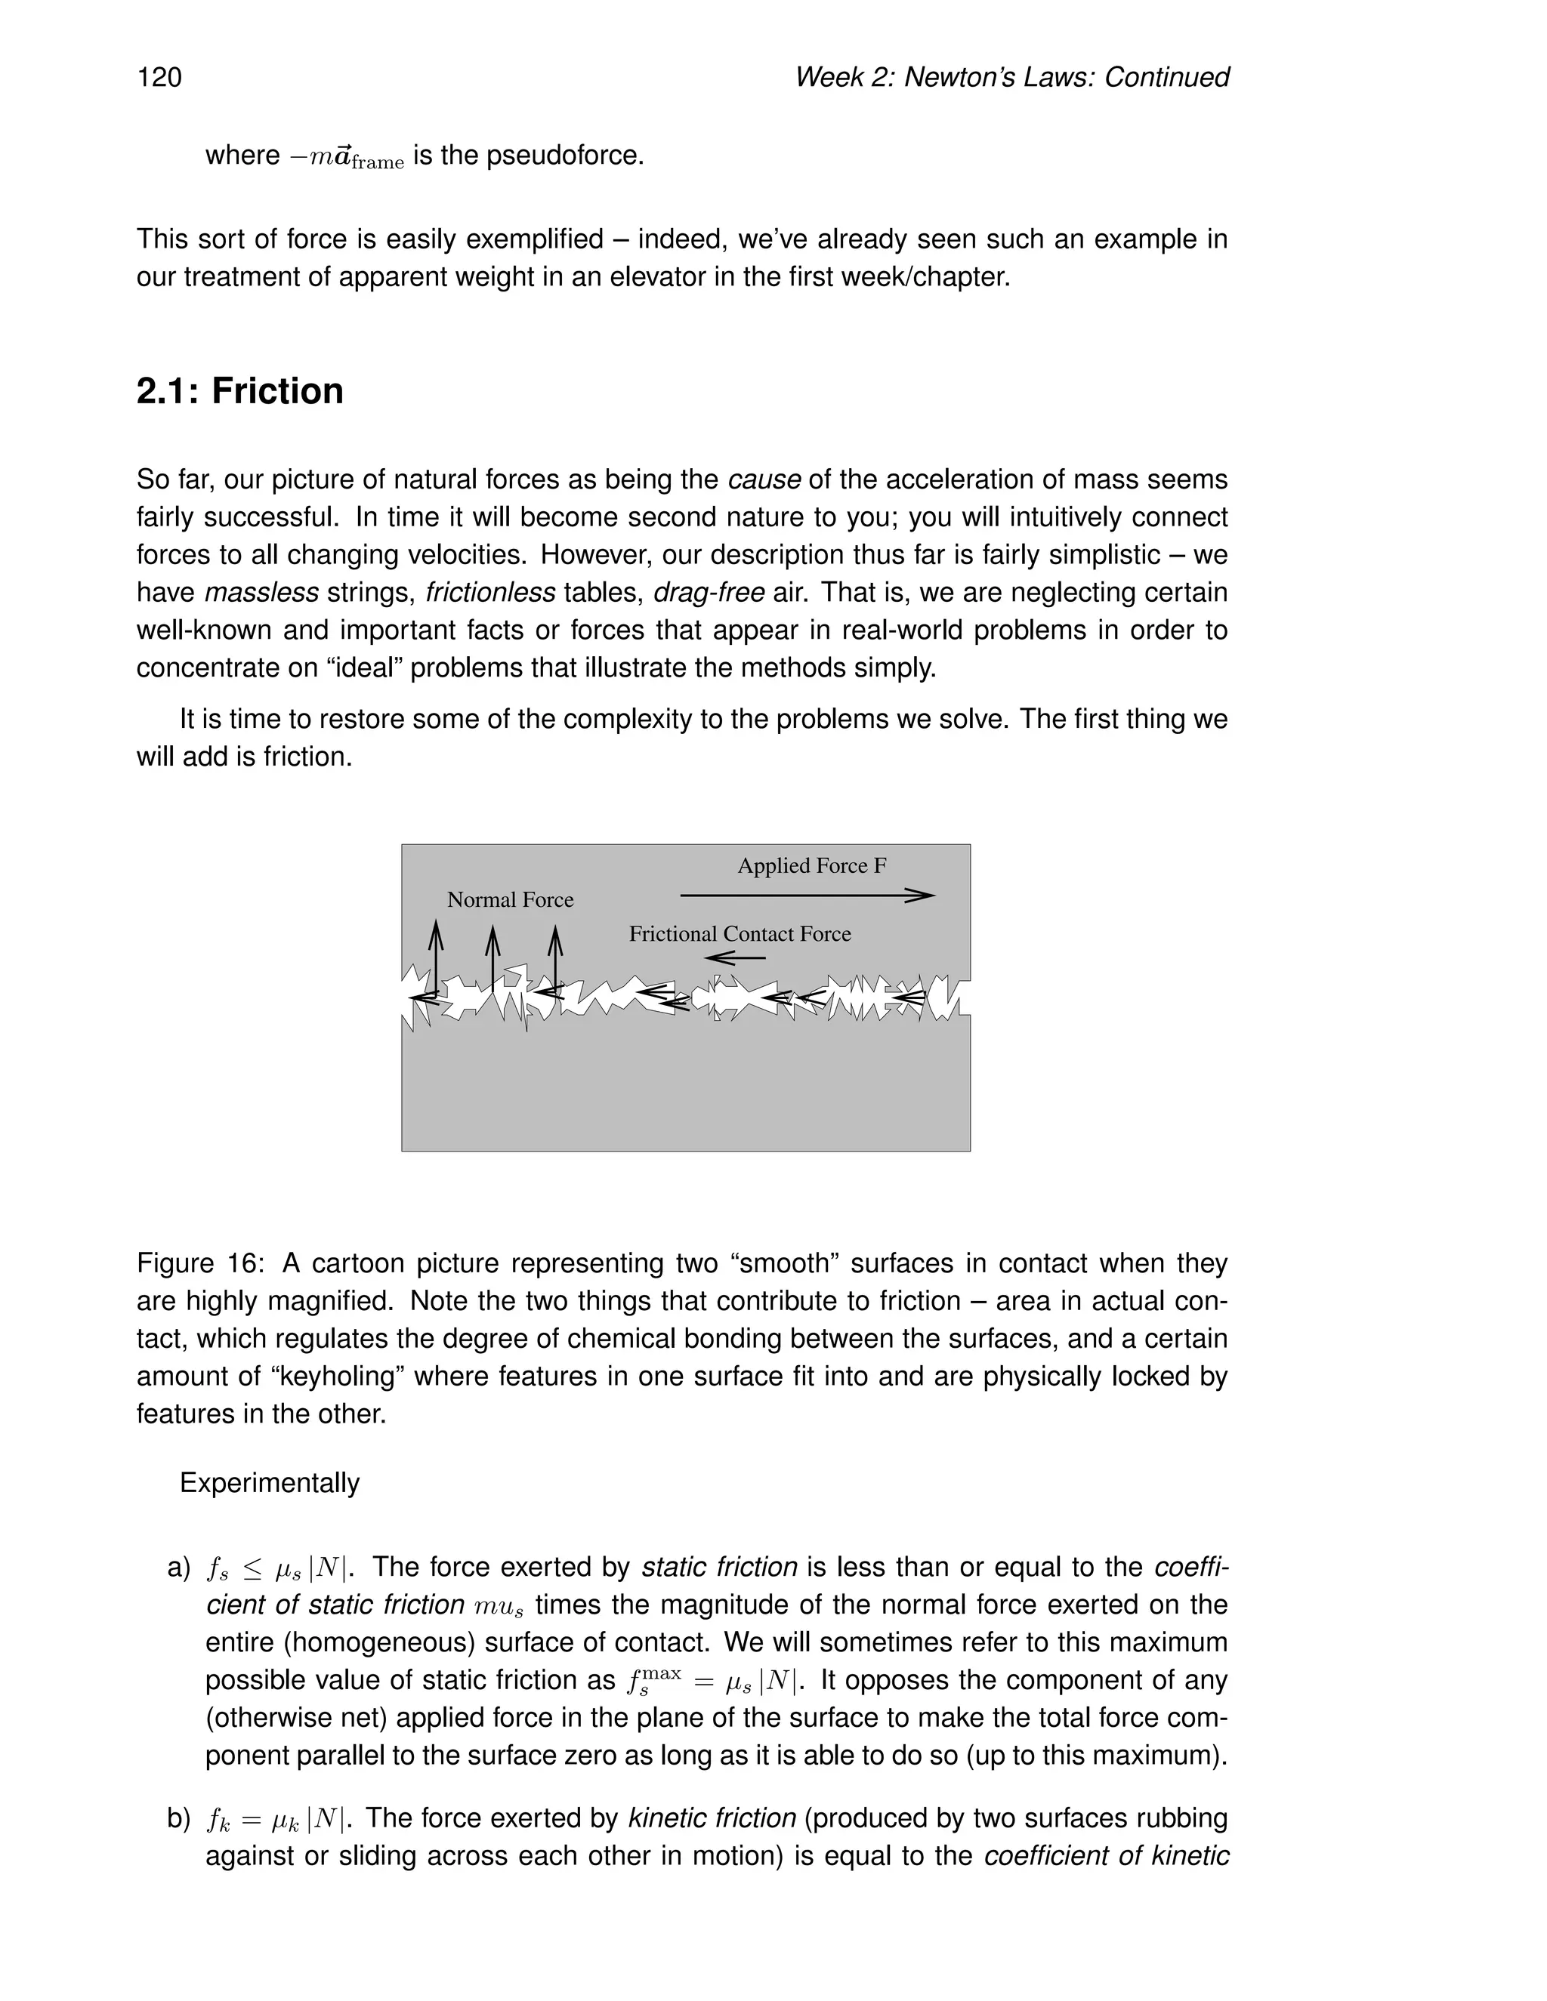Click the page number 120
(x=159, y=77)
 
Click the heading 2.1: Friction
(x=240, y=391)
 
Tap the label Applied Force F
(x=812, y=866)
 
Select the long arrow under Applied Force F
(x=807, y=895)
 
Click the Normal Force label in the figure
(x=511, y=900)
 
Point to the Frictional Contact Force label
(x=740, y=933)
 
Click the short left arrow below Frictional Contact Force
(x=736, y=958)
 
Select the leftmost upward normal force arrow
(x=437, y=957)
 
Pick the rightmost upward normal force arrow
(x=554, y=957)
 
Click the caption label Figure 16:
(x=201, y=1263)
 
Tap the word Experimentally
(x=270, y=1482)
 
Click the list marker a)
(x=179, y=1568)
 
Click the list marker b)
(x=179, y=1819)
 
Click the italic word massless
(x=261, y=593)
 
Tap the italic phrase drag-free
(x=709, y=593)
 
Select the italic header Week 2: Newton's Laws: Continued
(x=1011, y=77)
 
